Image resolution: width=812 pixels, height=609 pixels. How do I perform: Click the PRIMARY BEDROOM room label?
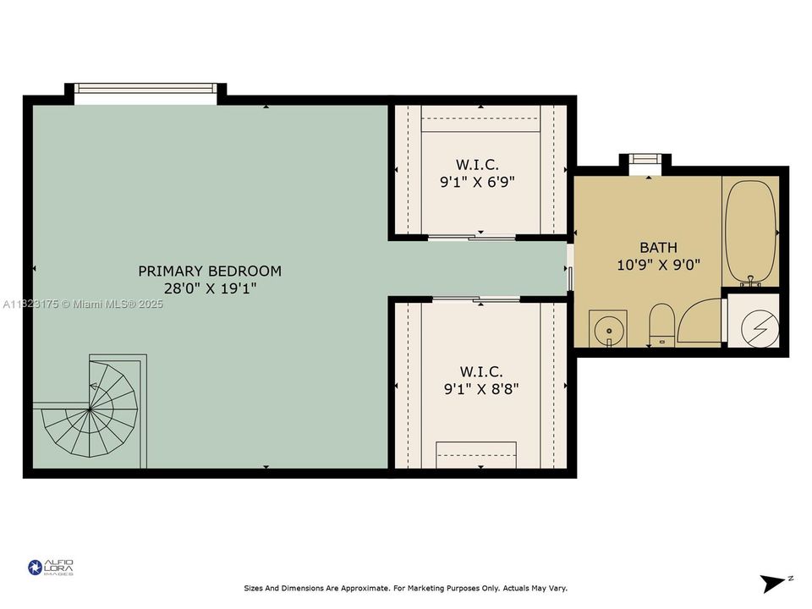[x=210, y=271]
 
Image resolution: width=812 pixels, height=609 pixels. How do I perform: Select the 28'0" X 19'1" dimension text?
[x=210, y=288]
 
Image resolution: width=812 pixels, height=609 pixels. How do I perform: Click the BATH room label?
[x=657, y=248]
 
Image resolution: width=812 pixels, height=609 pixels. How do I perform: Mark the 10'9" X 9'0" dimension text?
[x=657, y=265]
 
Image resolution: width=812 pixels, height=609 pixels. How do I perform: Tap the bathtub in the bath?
[x=751, y=230]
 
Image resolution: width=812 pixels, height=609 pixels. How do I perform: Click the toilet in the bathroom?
[x=660, y=325]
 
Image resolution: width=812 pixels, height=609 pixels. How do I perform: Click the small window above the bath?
[x=645, y=158]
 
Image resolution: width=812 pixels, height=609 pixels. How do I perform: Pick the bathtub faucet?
[x=750, y=280]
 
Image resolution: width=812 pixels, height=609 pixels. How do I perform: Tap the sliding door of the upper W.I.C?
[x=472, y=238]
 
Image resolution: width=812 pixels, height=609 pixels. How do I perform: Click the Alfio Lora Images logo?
[x=52, y=567]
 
